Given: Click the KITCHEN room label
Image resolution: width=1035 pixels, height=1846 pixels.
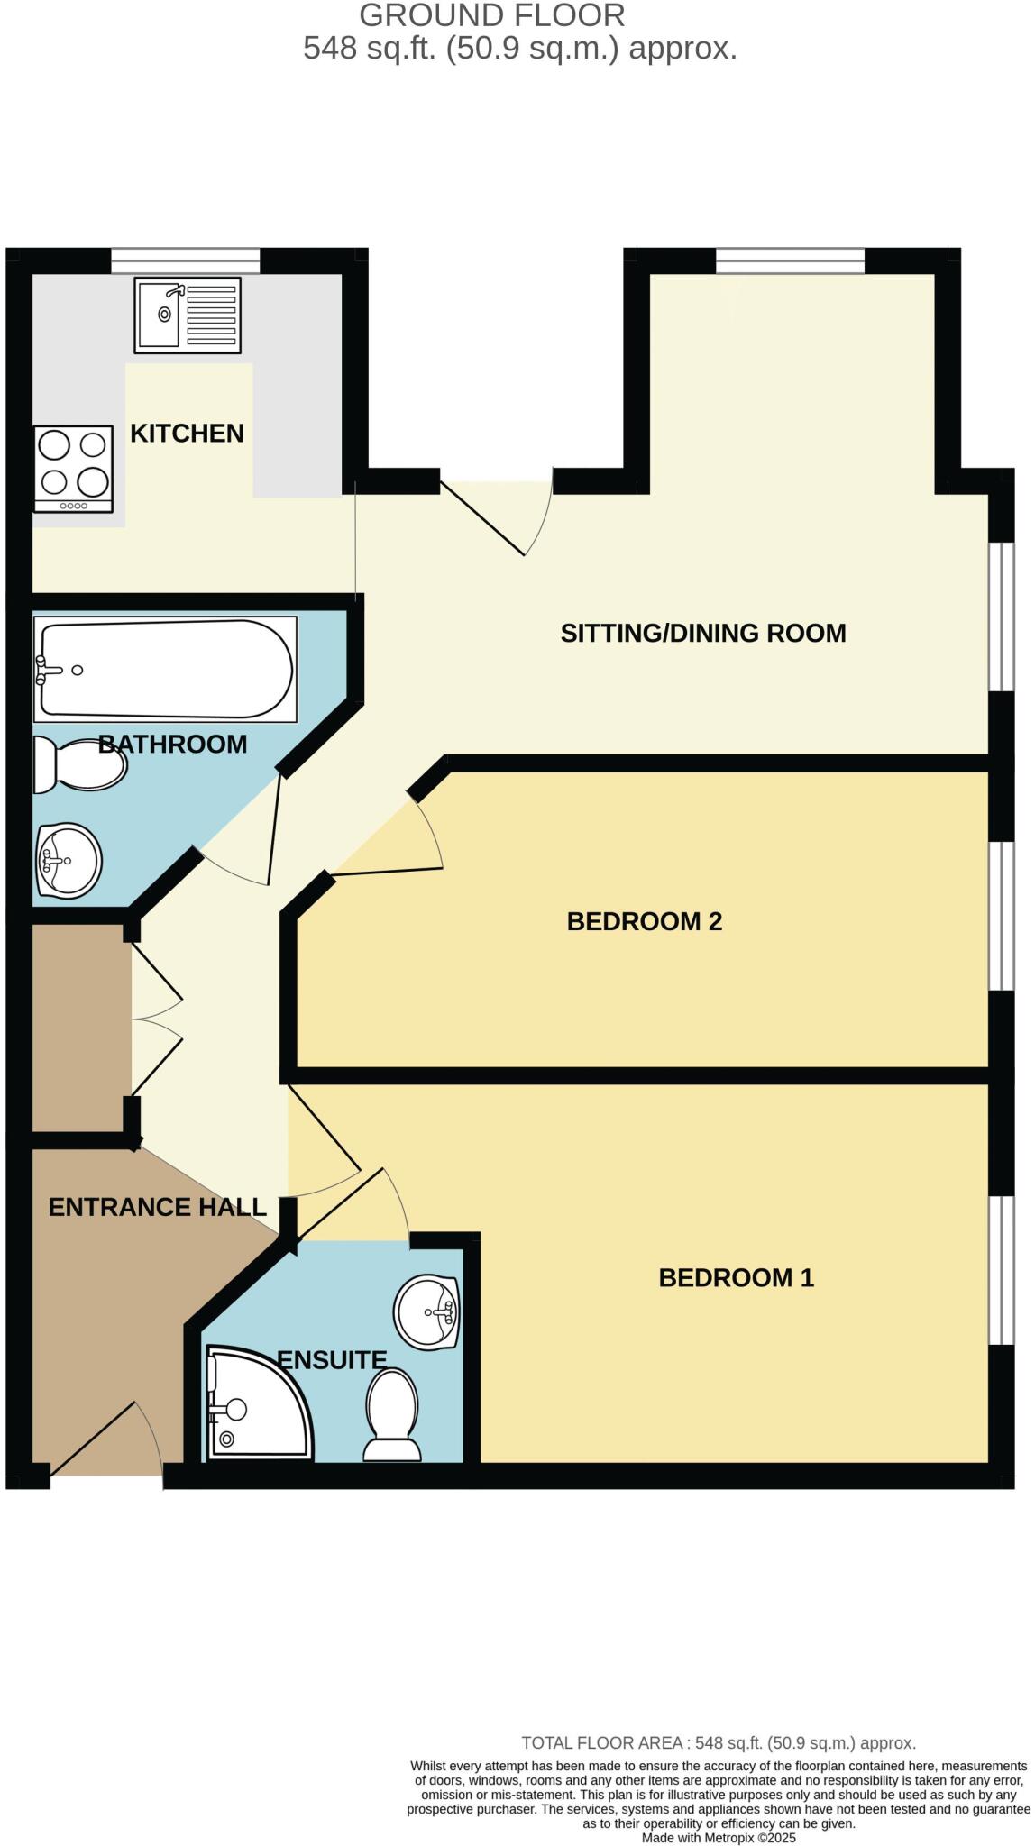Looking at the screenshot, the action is coord(187,434).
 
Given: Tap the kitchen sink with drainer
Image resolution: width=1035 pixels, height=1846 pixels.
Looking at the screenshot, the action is coord(188,315).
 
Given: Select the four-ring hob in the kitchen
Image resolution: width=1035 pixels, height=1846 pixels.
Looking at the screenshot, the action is coord(74,469).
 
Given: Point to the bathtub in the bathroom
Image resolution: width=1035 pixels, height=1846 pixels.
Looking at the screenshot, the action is coord(165,669).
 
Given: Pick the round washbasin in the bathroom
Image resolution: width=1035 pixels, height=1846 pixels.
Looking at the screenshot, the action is coord(69,860).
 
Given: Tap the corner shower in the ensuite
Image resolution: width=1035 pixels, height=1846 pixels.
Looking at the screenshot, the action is coord(260,1403).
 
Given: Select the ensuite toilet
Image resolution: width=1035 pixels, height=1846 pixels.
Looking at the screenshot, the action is coord(392,1415).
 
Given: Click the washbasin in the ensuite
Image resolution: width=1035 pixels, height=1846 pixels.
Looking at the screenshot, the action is coord(427,1312).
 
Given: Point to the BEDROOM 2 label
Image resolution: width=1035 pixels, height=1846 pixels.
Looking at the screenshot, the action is coord(645,921).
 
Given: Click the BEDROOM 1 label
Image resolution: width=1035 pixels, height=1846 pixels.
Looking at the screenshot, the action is coord(737,1277).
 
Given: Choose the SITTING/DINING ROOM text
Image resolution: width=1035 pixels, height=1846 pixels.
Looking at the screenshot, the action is coord(703,633).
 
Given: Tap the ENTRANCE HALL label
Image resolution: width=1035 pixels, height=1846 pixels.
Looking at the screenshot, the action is coord(158,1207).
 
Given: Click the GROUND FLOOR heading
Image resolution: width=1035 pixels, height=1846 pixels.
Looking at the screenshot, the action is coord(492,15).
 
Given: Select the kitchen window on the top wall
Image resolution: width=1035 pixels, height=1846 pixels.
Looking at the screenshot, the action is coord(186,260).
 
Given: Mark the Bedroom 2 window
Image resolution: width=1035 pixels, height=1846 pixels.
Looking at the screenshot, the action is coord(1002,916).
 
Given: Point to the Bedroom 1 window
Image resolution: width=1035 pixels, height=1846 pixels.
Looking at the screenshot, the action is coord(1002,1271).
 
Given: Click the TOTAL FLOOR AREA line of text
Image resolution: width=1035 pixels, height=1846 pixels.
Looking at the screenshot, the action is coord(719,1743).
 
